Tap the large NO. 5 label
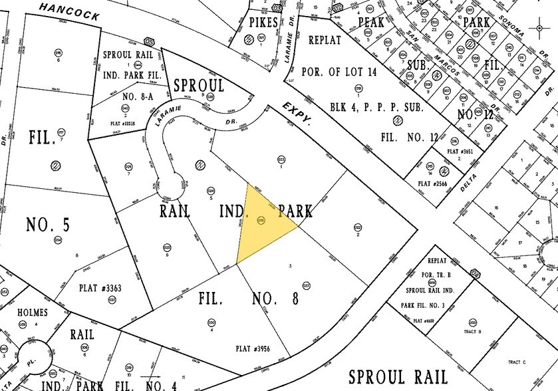click(x=48, y=224)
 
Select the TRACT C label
click(x=516, y=362)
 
